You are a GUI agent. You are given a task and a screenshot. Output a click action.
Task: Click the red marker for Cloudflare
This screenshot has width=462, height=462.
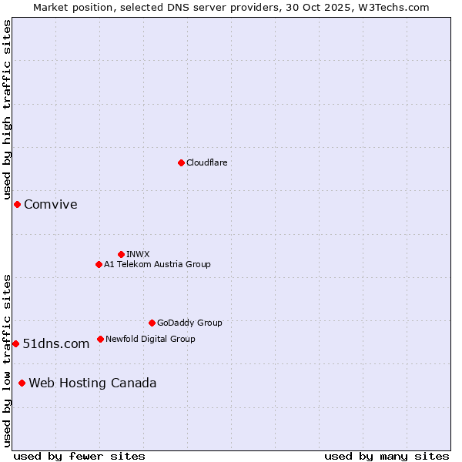pos(181,162)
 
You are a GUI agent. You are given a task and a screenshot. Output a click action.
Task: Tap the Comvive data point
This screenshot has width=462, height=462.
pos(17,204)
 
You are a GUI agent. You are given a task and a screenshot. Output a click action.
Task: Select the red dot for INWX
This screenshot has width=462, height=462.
pos(121,254)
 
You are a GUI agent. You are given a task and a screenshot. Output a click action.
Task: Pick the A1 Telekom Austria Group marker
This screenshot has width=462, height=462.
pos(99,264)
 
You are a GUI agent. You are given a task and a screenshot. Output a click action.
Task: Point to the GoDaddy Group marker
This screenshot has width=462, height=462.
pos(152,323)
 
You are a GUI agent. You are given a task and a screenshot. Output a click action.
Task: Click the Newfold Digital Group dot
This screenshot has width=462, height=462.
pos(100,339)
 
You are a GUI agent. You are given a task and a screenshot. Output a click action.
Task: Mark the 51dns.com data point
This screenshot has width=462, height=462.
pos(15,343)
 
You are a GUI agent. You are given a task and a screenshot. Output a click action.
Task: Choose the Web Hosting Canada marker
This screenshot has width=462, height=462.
pos(22,383)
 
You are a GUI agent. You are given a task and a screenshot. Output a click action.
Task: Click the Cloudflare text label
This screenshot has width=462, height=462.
pos(206,162)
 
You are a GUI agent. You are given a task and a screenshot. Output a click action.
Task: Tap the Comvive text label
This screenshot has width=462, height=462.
pos(51,204)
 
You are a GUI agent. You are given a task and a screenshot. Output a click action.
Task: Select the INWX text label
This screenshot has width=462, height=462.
pos(138,254)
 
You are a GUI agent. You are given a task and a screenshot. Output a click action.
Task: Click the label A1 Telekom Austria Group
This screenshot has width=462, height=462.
pos(157,264)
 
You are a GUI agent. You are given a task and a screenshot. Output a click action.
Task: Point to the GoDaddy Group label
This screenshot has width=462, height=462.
pos(189,323)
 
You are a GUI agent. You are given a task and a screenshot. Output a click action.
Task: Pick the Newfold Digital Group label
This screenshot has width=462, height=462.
pos(150,339)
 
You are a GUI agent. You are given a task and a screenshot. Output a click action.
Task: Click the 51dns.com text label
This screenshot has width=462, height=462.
pos(56,343)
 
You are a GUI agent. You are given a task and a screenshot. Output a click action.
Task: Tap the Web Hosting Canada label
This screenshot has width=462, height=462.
pos(92,383)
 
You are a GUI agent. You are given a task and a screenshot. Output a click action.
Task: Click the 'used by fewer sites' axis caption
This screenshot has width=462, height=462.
pos(79,456)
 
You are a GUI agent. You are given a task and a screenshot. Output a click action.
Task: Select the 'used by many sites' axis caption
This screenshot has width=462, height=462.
pos(387,456)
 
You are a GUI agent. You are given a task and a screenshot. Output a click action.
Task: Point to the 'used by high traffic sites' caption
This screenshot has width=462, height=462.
pos(7,110)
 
